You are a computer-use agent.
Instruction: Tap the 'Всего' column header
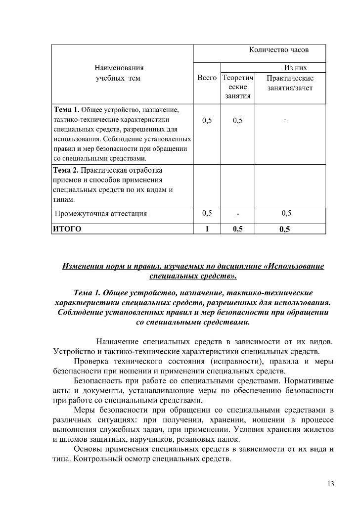tap(207, 78)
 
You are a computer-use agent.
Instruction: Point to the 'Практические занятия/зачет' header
tap(290, 83)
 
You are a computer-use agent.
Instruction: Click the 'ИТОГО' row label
tap(67, 229)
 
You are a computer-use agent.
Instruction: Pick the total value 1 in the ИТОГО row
tap(207, 229)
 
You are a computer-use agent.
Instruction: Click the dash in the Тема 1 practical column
tap(285, 119)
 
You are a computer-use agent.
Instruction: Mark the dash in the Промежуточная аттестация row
tap(238, 214)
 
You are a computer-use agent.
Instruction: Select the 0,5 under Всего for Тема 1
tap(207, 120)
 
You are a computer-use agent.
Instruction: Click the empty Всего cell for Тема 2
tap(207, 185)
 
